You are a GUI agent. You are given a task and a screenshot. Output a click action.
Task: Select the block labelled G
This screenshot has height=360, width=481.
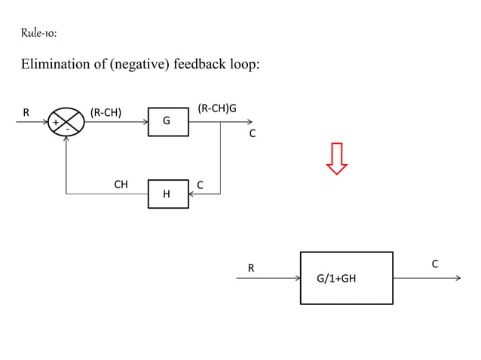coord(167,121)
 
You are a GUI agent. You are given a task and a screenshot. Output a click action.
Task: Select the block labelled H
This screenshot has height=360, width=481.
coord(167,194)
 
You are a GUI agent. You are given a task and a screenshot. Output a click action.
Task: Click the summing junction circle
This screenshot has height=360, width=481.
coord(66,122)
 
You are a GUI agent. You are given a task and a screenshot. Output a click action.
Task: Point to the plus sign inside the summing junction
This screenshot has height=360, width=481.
coord(55,123)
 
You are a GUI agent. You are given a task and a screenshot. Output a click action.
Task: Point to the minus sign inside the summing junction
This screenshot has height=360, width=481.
coord(67,130)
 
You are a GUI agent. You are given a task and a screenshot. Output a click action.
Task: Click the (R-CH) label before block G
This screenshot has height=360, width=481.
coord(107,113)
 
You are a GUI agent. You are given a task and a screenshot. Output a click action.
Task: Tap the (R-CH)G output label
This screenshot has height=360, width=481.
coord(216,108)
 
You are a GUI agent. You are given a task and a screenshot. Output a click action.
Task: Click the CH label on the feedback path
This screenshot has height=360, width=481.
coord(120,184)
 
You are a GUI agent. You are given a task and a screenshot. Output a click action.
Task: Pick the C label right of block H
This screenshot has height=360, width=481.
coord(200,185)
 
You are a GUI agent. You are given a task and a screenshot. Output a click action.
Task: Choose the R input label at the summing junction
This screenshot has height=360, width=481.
coord(26,113)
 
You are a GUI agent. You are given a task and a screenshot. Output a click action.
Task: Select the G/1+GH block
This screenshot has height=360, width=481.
coord(346,278)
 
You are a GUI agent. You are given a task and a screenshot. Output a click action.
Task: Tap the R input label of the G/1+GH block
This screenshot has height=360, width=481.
coord(251,267)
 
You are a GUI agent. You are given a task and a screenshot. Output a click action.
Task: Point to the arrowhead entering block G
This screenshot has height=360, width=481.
coord(145,122)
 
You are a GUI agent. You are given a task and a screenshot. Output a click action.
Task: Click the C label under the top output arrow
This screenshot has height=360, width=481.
coord(253,133)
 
